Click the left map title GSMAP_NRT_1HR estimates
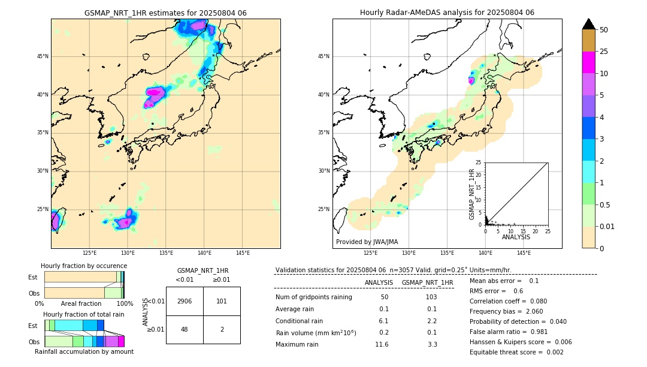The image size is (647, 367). pos(165,13)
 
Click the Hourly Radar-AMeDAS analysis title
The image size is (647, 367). pos(447,13)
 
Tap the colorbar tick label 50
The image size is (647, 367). pos(604,30)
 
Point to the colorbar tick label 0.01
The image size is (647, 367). pos(607,226)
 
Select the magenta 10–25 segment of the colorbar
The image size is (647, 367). pos(588,62)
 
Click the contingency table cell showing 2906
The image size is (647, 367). pos(185,301)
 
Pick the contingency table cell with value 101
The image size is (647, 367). pos(222,301)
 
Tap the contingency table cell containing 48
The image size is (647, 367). pos(185,329)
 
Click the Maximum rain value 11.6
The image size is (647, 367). pos(382,344)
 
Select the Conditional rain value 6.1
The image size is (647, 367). pos(384,321)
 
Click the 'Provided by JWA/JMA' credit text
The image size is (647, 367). pos(367,242)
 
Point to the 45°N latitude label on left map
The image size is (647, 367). pos(43,56)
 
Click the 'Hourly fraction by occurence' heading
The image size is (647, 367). pos(84,266)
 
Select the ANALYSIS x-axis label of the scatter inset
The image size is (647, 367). pos(516,237)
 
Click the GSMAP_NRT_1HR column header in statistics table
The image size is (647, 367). pos(427,282)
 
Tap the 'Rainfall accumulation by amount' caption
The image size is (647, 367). pos(84,351)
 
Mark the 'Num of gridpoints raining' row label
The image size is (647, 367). pos(313,297)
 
